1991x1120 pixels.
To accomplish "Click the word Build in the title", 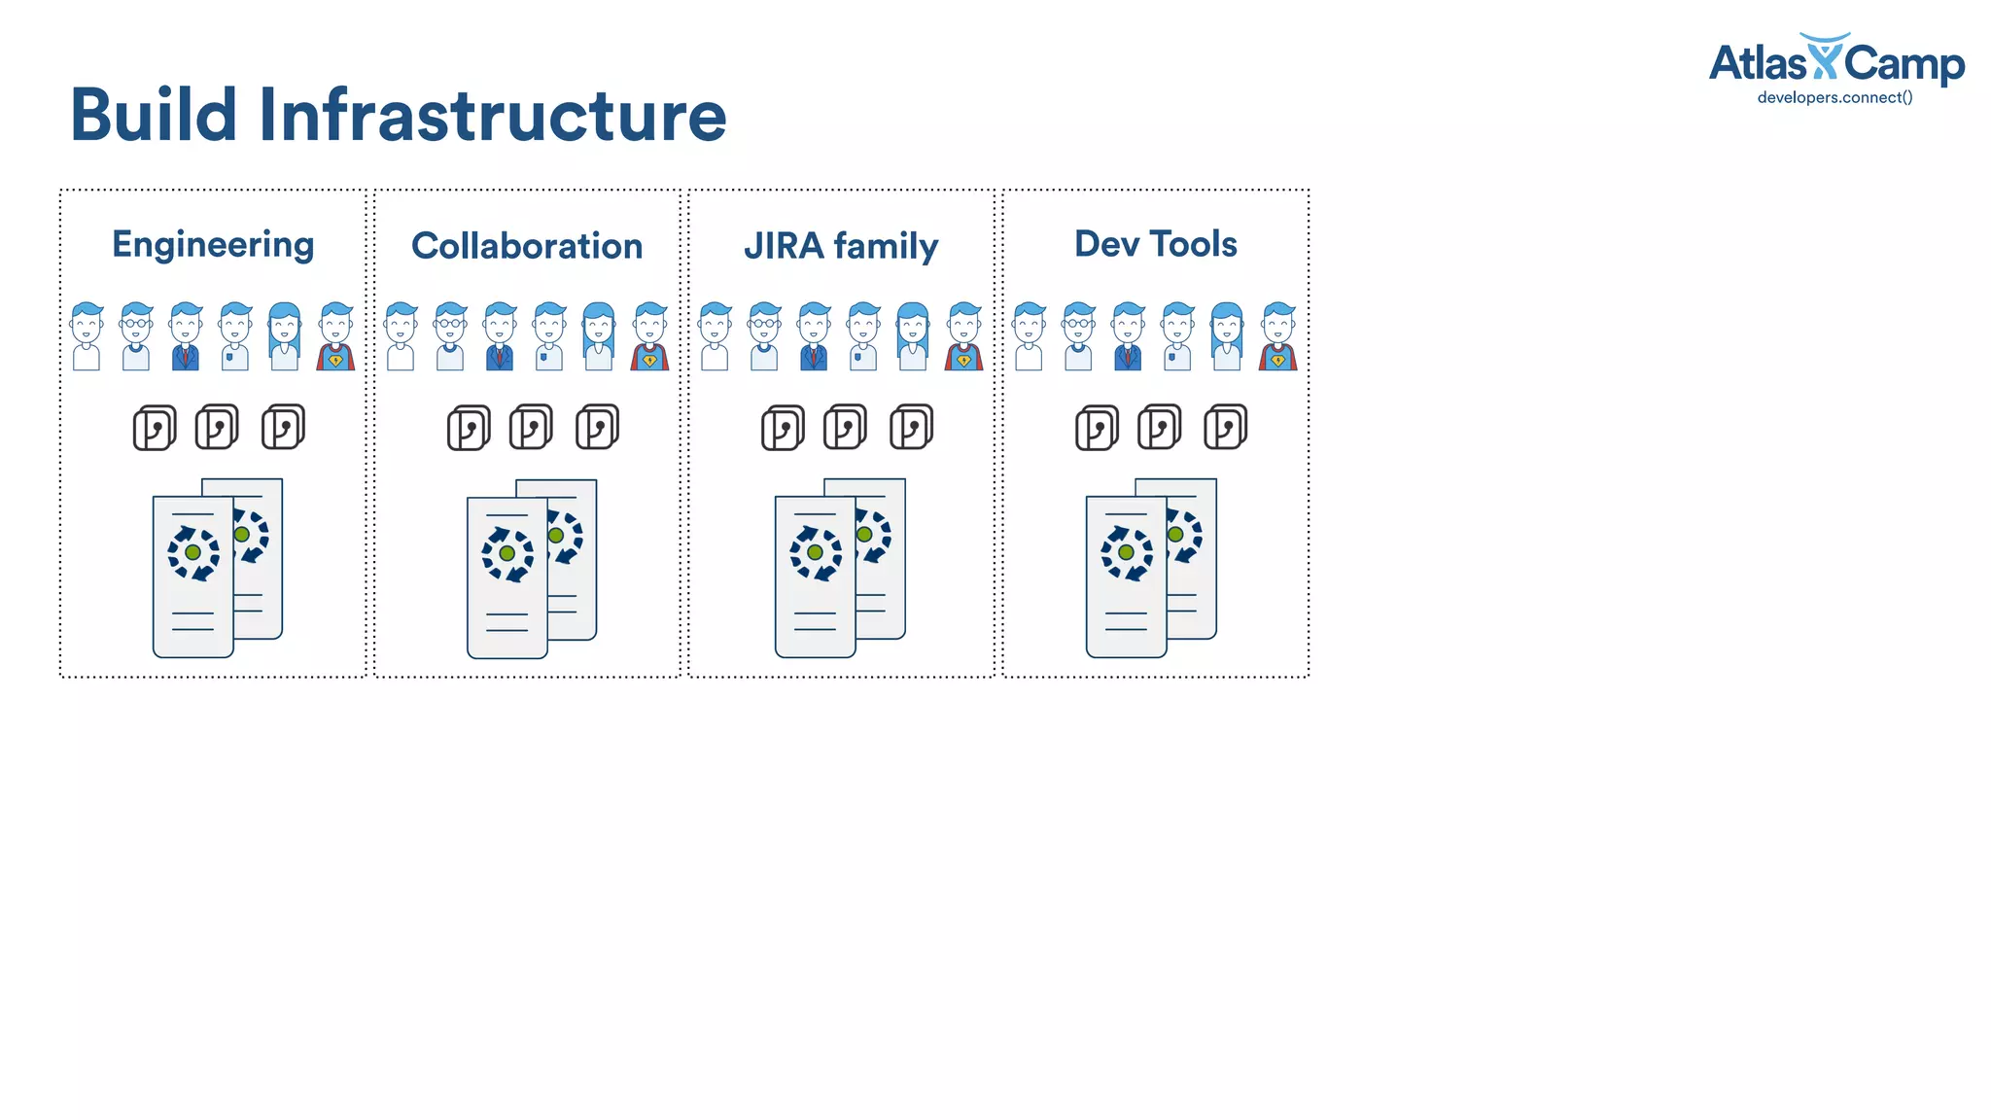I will tap(154, 115).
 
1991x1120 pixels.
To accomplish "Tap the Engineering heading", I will tap(213, 245).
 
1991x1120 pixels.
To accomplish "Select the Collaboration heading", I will tap(527, 246).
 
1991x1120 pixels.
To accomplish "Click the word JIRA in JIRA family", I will tap(784, 246).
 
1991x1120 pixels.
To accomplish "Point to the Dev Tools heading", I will tap(1155, 244).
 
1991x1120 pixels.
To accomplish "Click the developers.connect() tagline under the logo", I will tap(1834, 97).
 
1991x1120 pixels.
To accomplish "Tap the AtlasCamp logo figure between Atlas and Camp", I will tap(1824, 58).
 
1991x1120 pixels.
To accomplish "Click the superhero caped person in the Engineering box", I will tap(335, 337).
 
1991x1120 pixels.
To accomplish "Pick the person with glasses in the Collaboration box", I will tap(450, 337).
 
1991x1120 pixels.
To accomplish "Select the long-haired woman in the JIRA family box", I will tap(912, 337).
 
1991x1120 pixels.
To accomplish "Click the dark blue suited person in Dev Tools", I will tap(1128, 337).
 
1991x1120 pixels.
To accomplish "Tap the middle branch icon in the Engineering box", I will tap(217, 428).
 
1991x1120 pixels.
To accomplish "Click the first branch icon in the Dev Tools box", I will tap(1097, 429).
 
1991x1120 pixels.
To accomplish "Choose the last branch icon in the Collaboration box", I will tap(597, 428).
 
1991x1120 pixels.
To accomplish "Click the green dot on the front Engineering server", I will tap(192, 552).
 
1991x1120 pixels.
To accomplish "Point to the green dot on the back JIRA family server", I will tap(864, 534).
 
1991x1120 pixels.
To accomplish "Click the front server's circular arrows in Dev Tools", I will tap(1126, 553).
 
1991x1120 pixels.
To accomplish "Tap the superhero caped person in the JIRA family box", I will tap(963, 337).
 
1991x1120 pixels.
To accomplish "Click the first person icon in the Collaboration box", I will tap(401, 337).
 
